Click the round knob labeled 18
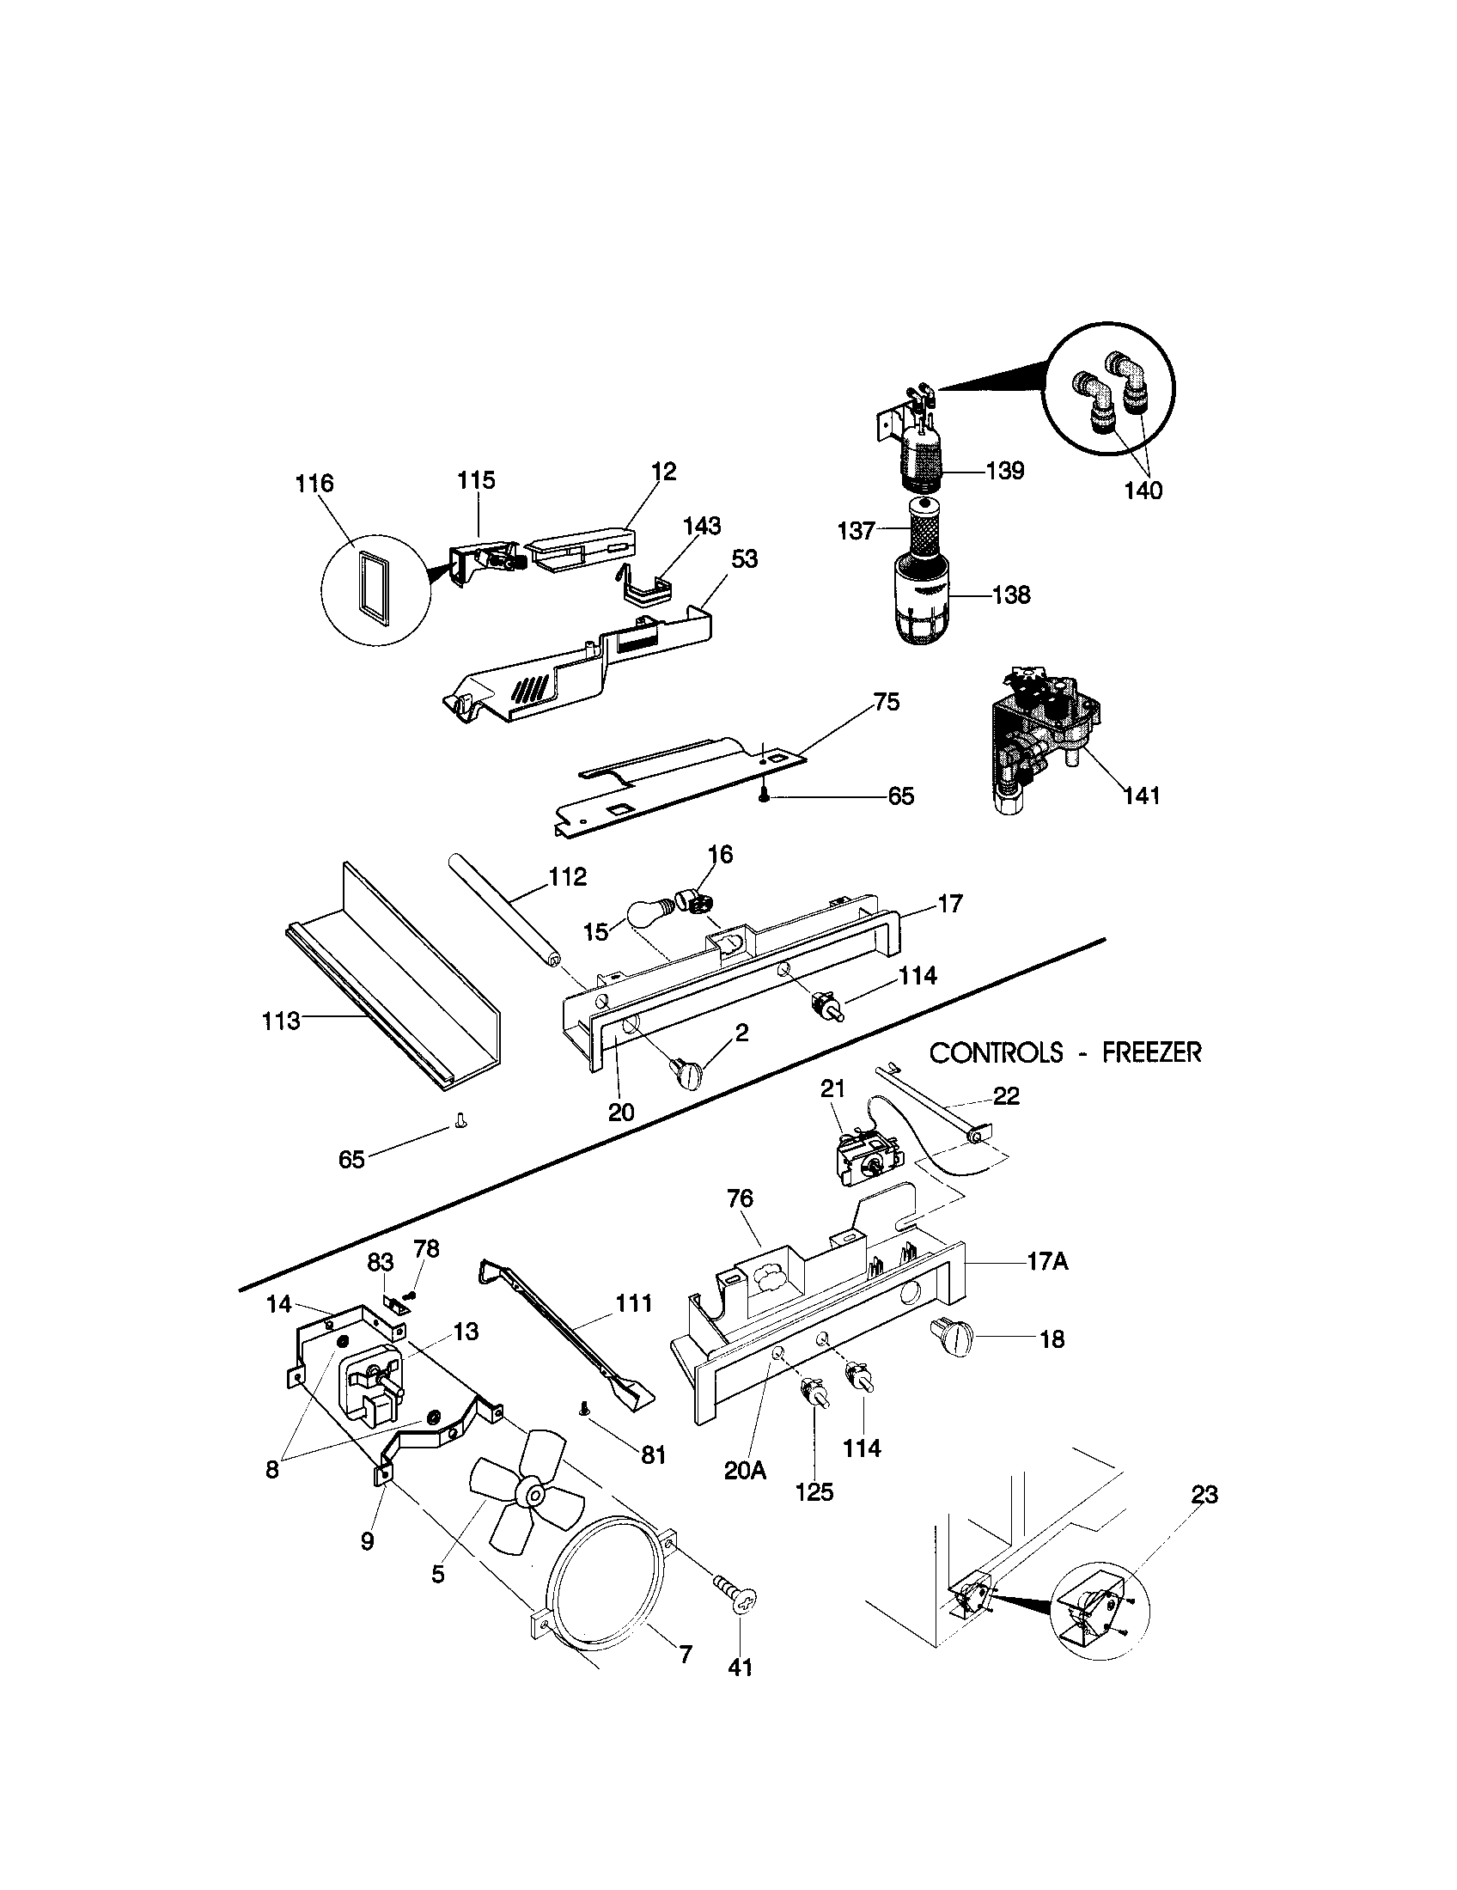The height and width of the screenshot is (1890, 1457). pos(953,1340)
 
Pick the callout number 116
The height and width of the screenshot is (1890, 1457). pos(314,483)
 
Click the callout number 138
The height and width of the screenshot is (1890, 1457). pos(1012,595)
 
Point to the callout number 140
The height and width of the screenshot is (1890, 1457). pos(1143,491)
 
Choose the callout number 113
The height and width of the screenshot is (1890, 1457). pos(281,1021)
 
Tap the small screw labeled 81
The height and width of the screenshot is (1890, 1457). pos(583,1410)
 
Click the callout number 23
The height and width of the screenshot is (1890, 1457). pos(1204,1494)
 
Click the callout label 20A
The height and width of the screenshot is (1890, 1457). pos(746,1470)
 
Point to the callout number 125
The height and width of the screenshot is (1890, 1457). pos(814,1492)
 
